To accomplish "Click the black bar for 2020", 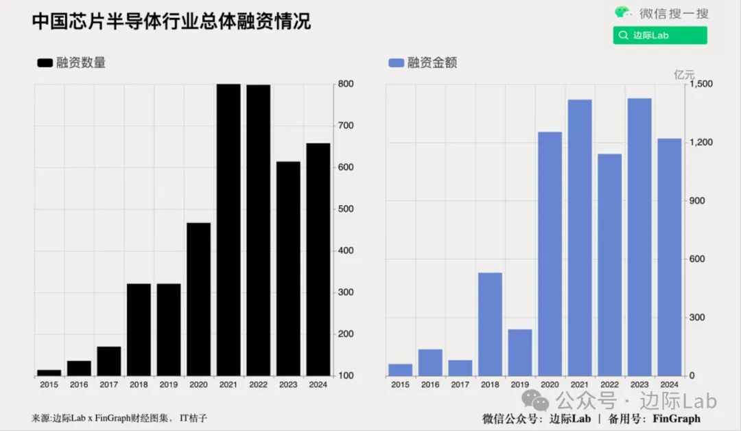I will click(x=198, y=299).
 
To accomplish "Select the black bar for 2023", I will click(x=288, y=268).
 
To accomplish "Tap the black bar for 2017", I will click(x=108, y=361).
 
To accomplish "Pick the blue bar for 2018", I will click(x=490, y=324).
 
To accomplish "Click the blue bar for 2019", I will click(x=519, y=352).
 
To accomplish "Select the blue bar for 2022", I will click(x=609, y=264).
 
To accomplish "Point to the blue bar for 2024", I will click(x=669, y=257).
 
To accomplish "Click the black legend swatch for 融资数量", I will click(x=45, y=63).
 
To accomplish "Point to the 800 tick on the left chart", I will click(x=345, y=84).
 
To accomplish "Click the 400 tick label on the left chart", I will click(x=345, y=251).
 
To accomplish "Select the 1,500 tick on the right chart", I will click(x=700, y=84).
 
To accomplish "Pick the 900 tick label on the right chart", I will click(x=697, y=200).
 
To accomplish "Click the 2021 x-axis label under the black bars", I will click(x=228, y=385).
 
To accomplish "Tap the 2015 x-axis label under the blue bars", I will click(x=400, y=385).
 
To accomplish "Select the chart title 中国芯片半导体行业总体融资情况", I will click(x=171, y=21).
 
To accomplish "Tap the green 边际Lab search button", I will click(x=659, y=35).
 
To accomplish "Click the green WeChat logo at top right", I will click(x=622, y=12).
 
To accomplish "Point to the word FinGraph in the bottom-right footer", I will click(x=676, y=418).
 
